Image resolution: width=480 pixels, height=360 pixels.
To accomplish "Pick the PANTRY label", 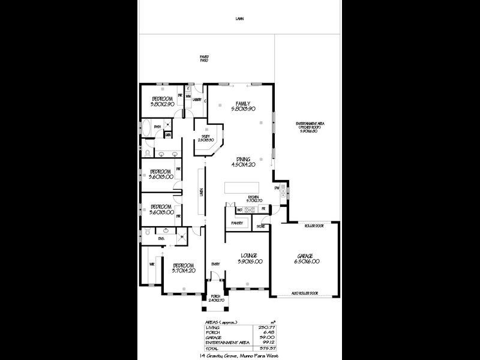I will click(x=236, y=223).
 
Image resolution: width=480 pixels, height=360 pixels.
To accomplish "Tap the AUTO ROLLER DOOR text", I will click(x=304, y=293).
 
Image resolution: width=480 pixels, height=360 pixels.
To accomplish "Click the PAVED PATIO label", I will click(x=204, y=59).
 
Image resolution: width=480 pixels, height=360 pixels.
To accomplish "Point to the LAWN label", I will click(x=240, y=19).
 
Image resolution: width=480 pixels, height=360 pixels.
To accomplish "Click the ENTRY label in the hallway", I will click(x=215, y=263).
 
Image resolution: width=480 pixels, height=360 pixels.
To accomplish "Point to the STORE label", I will click(x=261, y=227).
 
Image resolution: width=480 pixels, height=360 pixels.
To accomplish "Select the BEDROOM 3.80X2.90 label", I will click(x=162, y=101).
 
